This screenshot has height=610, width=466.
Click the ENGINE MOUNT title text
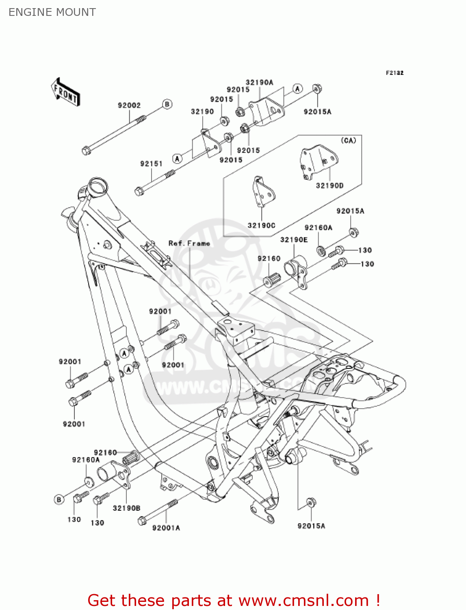point(52,12)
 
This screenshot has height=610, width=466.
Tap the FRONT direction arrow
point(65,92)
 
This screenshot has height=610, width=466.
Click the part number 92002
point(129,105)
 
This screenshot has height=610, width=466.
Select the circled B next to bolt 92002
point(167,104)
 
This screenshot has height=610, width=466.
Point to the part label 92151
point(151,163)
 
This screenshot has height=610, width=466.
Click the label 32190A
point(259,82)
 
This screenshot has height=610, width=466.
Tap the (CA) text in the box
point(348,140)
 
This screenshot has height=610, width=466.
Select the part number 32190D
point(329,185)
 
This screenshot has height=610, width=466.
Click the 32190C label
point(261,225)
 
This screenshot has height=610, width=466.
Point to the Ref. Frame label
point(189,243)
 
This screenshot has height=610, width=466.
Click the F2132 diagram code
point(394,73)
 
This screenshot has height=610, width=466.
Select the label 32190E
point(294,240)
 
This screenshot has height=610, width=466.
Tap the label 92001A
point(166,528)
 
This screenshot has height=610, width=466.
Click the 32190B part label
point(126,508)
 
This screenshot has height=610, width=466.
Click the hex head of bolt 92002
point(86,151)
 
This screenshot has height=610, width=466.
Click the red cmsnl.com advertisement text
point(234,600)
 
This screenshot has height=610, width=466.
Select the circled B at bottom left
point(59,499)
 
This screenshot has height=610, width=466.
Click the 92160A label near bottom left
point(86,460)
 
